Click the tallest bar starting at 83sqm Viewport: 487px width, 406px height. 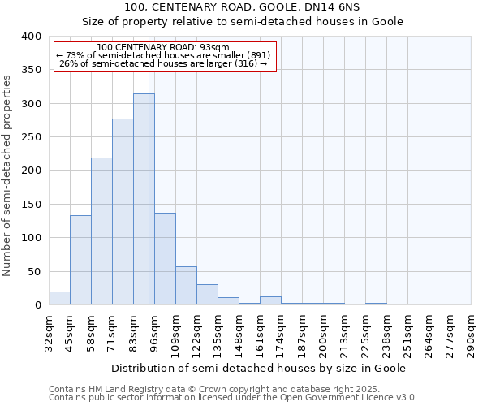coord(144,199)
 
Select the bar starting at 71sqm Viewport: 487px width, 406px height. coord(123,212)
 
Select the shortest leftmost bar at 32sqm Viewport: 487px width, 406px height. coord(59,298)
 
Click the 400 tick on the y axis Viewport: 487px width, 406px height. coord(31,37)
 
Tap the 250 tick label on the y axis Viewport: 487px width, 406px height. coord(31,137)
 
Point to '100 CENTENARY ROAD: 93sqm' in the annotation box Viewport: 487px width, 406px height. coord(162,48)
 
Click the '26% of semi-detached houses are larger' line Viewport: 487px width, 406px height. coord(163,64)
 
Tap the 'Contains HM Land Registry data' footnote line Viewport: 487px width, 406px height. coord(209,389)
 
